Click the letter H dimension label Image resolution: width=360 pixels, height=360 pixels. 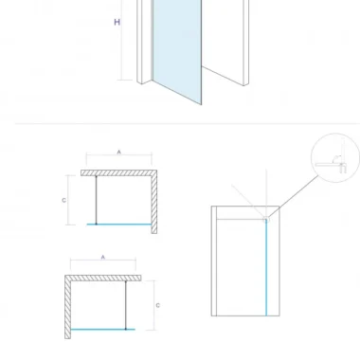click(x=117, y=22)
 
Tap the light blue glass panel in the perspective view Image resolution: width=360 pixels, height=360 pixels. click(x=177, y=47)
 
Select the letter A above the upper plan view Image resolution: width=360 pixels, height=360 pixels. click(x=119, y=153)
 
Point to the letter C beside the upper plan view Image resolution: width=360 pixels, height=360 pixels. click(x=64, y=200)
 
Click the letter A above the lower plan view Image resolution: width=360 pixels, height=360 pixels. click(x=103, y=258)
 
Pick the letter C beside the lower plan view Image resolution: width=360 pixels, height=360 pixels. click(x=158, y=305)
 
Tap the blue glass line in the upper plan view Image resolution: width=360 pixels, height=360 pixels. click(x=119, y=225)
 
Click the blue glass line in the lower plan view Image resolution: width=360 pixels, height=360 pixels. click(x=103, y=330)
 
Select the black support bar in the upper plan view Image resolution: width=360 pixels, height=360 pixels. click(x=97, y=200)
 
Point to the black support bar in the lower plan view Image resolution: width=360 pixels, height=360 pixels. click(x=126, y=305)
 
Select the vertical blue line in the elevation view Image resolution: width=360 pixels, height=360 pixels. click(x=266, y=268)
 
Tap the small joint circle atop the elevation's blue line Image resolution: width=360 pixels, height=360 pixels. click(x=266, y=220)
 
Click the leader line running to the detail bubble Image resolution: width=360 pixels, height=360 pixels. click(x=293, y=196)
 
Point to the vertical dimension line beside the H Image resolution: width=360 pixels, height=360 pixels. click(x=122, y=40)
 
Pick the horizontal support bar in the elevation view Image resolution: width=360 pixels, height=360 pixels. click(x=241, y=219)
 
